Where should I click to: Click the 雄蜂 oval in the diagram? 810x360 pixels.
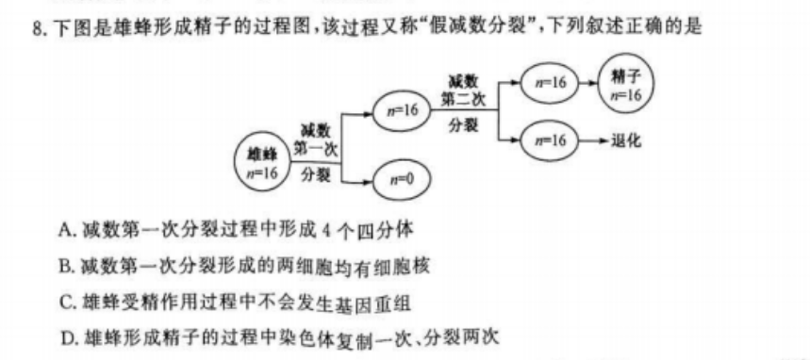[x=262, y=161]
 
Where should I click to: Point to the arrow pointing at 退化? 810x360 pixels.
[x=589, y=140]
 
